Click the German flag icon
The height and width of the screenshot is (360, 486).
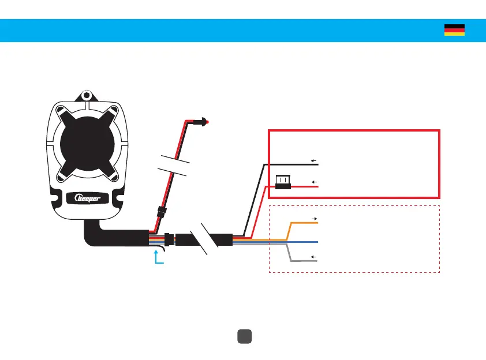[x=454, y=30]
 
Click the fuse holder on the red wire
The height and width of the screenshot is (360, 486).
[x=283, y=182]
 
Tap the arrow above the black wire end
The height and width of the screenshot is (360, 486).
[x=314, y=160]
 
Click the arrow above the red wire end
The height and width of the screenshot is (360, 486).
[x=314, y=181]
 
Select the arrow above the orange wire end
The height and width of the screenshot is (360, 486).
[x=314, y=219]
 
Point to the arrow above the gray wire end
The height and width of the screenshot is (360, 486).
[x=314, y=256]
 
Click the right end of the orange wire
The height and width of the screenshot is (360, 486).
[x=317, y=223]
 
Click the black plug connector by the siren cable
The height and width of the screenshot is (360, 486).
[x=169, y=239]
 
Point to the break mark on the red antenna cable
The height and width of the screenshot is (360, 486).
[x=174, y=166]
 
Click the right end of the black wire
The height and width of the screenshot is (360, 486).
[x=317, y=164]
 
